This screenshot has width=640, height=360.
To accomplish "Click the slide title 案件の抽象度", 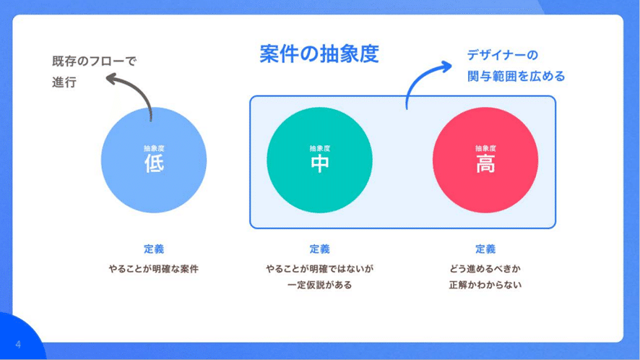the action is click(x=319, y=54).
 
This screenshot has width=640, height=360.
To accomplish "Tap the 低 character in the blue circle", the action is click(x=154, y=163).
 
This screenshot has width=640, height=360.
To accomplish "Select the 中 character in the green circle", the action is click(x=319, y=163).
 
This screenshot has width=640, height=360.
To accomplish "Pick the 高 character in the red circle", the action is click(x=485, y=163).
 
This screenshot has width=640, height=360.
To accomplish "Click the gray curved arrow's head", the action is click(x=112, y=78).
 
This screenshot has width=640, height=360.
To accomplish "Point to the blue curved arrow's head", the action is click(x=446, y=67).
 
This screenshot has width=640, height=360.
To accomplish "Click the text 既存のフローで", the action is click(x=95, y=61).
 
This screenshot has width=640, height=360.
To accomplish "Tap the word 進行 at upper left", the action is click(x=64, y=82).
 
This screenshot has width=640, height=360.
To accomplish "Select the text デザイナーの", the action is click(x=503, y=55).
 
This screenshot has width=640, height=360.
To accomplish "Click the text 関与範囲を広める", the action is click(x=516, y=76).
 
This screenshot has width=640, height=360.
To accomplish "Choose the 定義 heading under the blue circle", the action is click(x=154, y=249).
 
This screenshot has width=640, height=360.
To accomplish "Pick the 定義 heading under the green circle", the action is click(x=319, y=249).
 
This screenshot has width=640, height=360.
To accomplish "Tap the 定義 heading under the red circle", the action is click(x=485, y=249).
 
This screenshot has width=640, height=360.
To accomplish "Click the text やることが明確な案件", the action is click(x=153, y=269).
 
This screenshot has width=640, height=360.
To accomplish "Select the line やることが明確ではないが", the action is click(x=319, y=269).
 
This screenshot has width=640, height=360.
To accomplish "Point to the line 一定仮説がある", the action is click(x=319, y=285).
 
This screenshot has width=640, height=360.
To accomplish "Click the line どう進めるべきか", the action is click(x=485, y=269).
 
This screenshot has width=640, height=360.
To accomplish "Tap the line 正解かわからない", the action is click(x=485, y=285).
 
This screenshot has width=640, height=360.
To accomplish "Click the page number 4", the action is click(x=18, y=345).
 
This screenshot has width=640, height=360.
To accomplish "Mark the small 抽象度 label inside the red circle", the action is click(x=485, y=148).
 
